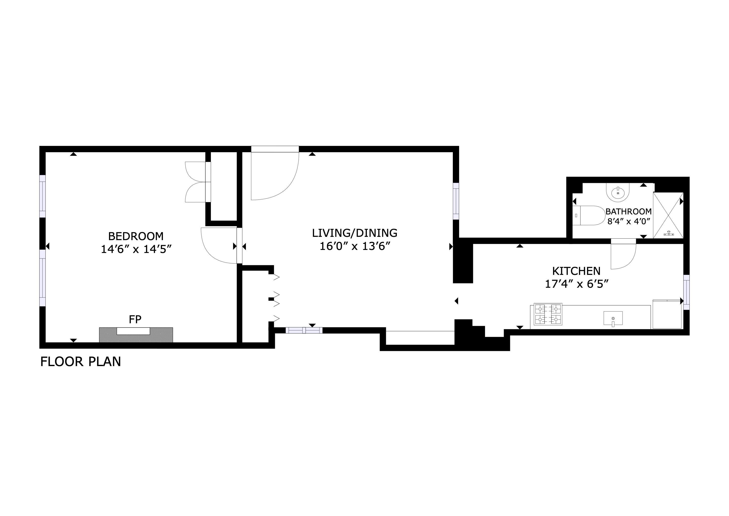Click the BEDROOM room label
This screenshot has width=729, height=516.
(x=136, y=236)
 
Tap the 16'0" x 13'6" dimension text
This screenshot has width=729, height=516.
(x=354, y=246)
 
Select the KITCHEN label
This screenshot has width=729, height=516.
(x=576, y=271)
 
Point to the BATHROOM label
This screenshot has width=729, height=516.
(x=628, y=211)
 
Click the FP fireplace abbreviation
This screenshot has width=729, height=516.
(x=135, y=319)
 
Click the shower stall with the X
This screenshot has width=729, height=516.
(x=668, y=215)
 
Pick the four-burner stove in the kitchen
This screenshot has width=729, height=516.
(x=548, y=314)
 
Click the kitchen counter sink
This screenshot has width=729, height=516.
(x=613, y=318)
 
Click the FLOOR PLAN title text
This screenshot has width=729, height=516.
(x=81, y=362)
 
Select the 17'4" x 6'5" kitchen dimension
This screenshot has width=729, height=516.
(x=576, y=284)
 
